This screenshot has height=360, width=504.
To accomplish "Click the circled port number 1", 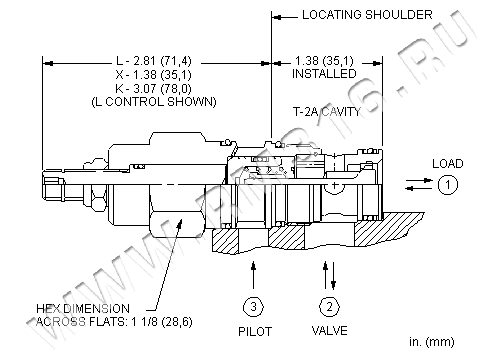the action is (448, 185).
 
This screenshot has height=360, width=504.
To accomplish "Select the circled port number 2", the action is (330, 306).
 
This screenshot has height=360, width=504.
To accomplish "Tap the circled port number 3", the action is (253, 306).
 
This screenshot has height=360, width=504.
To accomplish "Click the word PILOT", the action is (255, 332).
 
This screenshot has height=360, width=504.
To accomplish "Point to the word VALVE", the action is (330, 331).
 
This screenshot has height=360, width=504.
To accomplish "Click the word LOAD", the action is (448, 164).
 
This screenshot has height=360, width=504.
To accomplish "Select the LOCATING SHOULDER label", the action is (367, 15).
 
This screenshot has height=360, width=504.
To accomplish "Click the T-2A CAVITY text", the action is (327, 111).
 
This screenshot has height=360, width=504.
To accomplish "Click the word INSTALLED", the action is (324, 73).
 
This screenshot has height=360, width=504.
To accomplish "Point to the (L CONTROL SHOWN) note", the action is (154, 101).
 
